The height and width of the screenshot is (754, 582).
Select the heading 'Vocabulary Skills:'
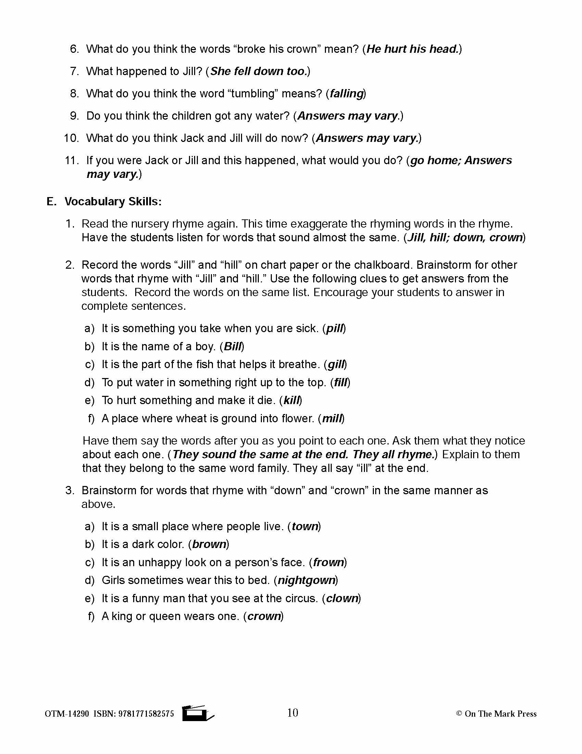(x=113, y=202)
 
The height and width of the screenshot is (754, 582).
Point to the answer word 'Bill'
(x=233, y=346)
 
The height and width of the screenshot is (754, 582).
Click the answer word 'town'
(x=304, y=526)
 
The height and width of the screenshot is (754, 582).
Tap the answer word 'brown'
(x=209, y=544)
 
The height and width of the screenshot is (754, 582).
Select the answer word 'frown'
(x=329, y=562)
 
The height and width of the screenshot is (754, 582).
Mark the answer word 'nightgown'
(x=306, y=580)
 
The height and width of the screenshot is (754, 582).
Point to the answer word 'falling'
(x=346, y=94)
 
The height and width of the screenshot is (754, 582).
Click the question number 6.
(x=74, y=49)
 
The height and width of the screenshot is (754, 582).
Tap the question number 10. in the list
(x=71, y=138)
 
